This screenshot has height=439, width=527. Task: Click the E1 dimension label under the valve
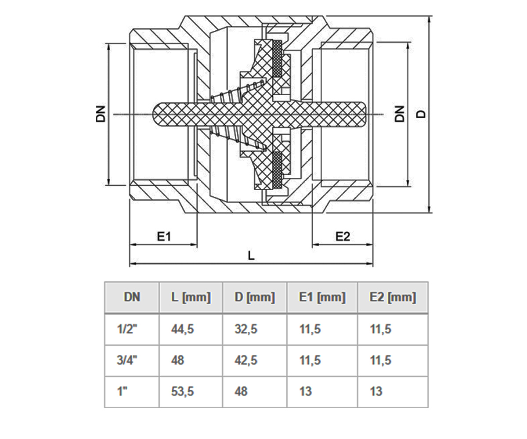164,237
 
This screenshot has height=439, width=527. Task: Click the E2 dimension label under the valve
343,237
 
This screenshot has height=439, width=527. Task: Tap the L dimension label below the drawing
251,256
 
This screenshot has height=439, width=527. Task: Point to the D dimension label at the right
421,114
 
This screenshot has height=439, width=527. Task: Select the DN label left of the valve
101,114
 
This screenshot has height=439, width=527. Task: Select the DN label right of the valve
400,114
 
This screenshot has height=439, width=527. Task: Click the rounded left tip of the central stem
153,114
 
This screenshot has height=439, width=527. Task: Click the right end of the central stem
365,114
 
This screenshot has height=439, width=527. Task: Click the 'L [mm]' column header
191,297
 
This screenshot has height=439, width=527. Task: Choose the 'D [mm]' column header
255,297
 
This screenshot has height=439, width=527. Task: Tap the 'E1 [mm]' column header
322,297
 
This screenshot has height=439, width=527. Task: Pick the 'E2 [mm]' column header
393,297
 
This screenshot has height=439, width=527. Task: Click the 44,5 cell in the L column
183,329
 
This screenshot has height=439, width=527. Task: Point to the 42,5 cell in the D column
246,360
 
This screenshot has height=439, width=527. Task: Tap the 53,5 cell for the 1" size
183,392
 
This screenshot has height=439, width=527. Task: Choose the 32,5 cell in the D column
246,329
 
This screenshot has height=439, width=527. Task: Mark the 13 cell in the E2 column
376,392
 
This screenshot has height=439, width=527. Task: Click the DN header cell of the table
132,297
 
